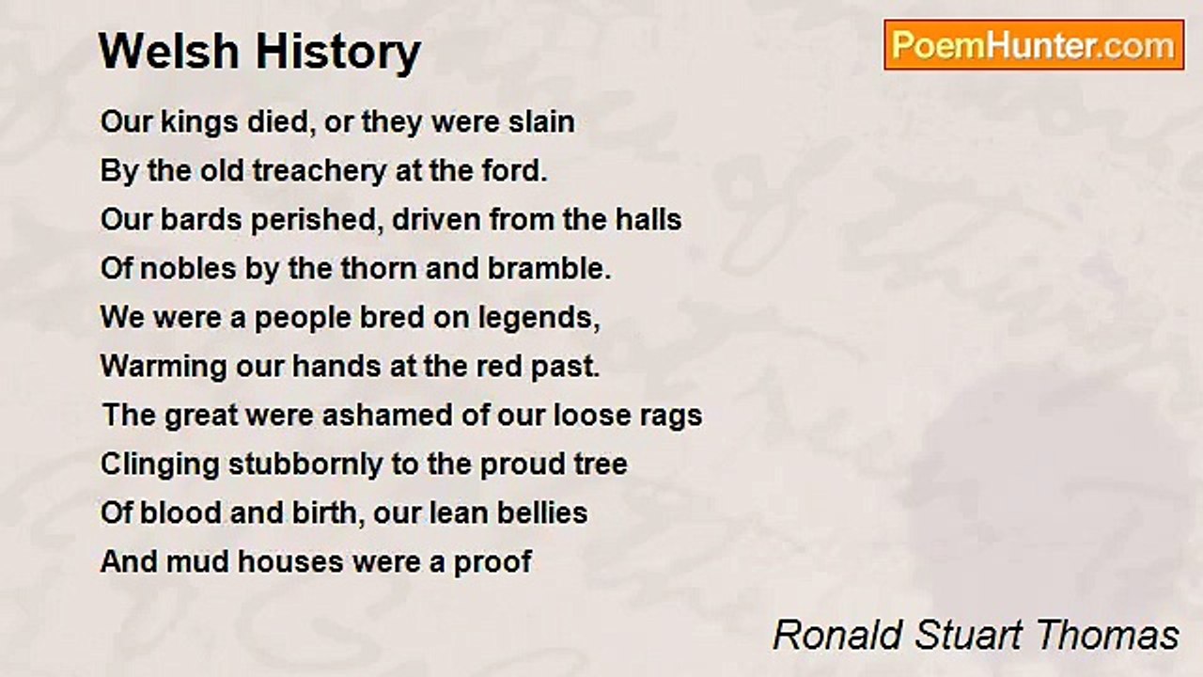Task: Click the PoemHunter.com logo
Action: (x=1034, y=45)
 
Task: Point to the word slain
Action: (x=540, y=122)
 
